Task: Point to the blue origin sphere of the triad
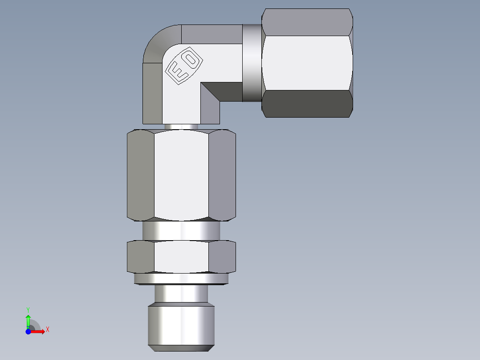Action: click(x=28, y=331)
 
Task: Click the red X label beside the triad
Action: click(x=48, y=330)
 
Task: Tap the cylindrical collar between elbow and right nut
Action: click(x=252, y=62)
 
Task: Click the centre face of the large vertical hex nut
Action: click(x=181, y=175)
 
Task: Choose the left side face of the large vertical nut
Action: click(x=140, y=175)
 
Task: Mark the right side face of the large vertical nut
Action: click(x=222, y=175)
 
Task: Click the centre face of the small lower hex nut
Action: click(x=181, y=257)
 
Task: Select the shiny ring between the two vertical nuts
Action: click(x=181, y=231)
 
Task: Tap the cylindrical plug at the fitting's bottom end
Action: click(x=181, y=325)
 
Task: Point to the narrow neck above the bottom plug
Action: click(x=181, y=293)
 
